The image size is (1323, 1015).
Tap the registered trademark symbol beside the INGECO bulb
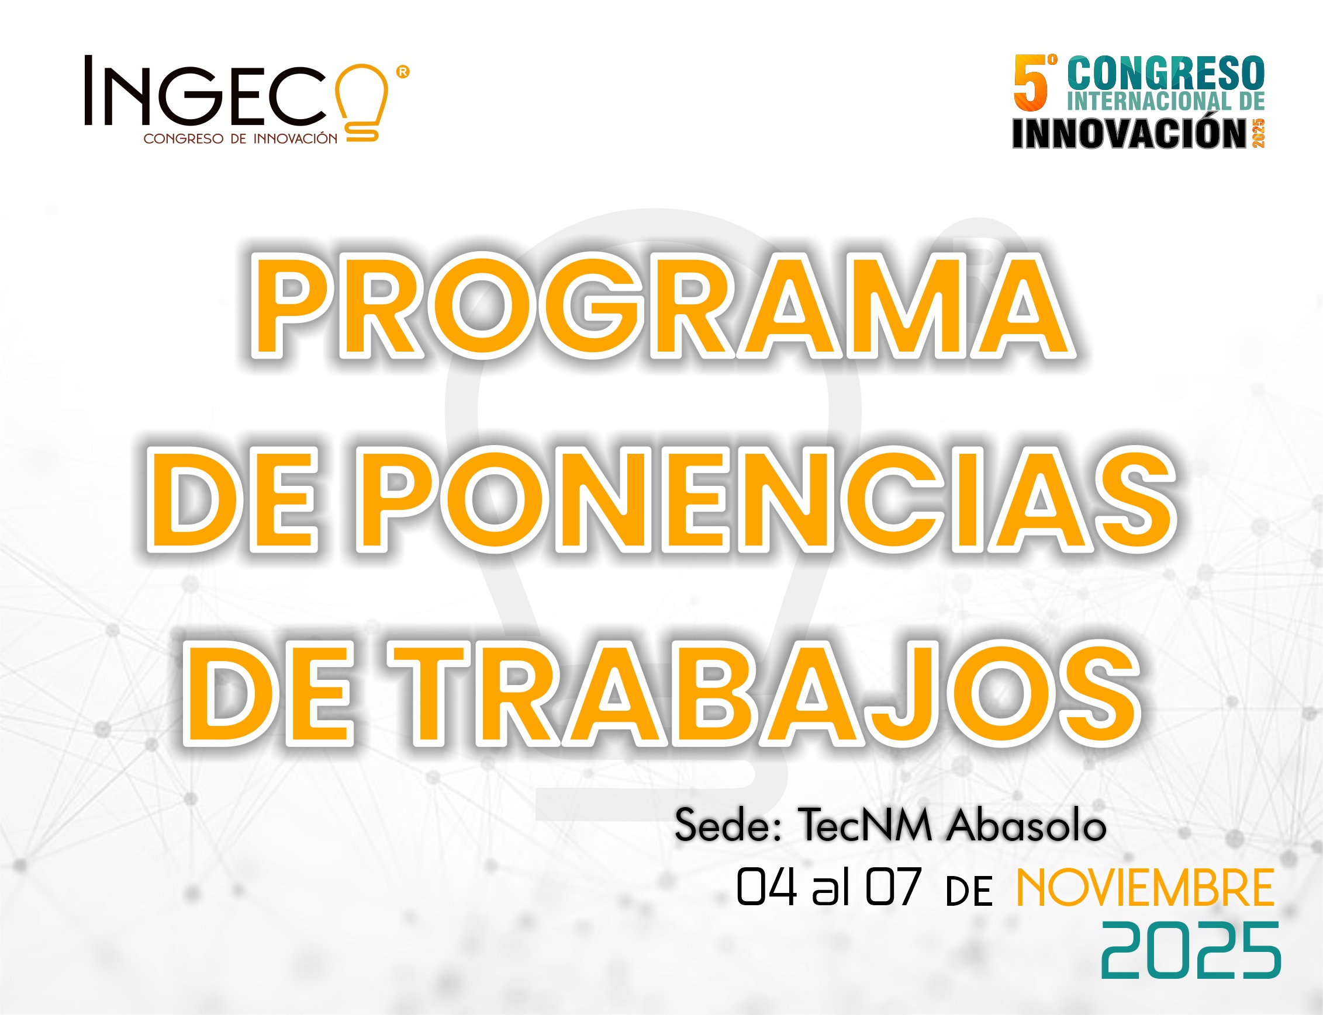[402, 72]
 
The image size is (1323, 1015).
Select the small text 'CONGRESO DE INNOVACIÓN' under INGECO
[240, 139]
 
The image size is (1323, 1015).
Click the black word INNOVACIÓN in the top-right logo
[1129, 133]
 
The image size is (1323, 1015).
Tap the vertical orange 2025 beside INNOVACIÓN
[1258, 133]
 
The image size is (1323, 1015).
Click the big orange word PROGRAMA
[662, 307]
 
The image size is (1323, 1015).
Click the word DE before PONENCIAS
[233, 500]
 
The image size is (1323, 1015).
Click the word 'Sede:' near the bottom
[728, 826]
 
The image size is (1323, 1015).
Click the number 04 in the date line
[766, 887]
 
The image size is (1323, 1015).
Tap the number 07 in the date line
[893, 887]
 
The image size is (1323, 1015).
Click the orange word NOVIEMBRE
[1145, 888]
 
